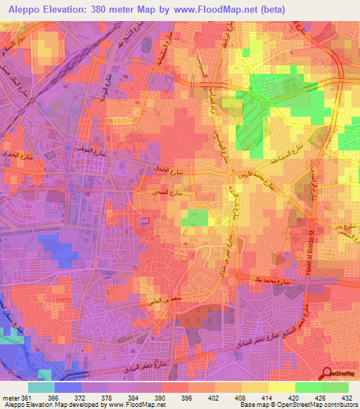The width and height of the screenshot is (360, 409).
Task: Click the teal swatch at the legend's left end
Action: pos(41,387)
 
